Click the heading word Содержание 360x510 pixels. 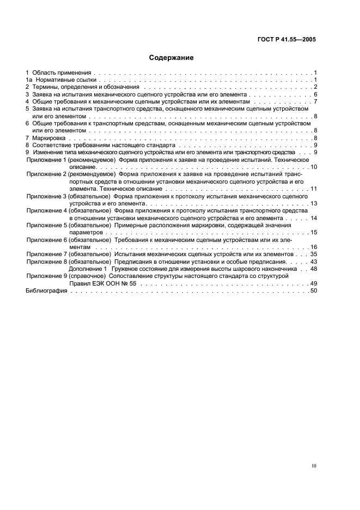[172, 57]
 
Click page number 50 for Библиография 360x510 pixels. [313, 291]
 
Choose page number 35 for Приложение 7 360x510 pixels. [313, 254]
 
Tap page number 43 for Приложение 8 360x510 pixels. [313, 262]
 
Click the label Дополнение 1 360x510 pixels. [88, 269]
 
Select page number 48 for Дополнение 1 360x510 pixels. [313, 269]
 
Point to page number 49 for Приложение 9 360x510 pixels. [313, 283]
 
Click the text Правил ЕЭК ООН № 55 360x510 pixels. [103, 283]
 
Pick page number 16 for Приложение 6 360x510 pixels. [313, 247]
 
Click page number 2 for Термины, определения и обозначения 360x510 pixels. [315, 87]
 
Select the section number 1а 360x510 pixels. [29, 80]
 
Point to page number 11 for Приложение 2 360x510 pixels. [313, 188]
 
